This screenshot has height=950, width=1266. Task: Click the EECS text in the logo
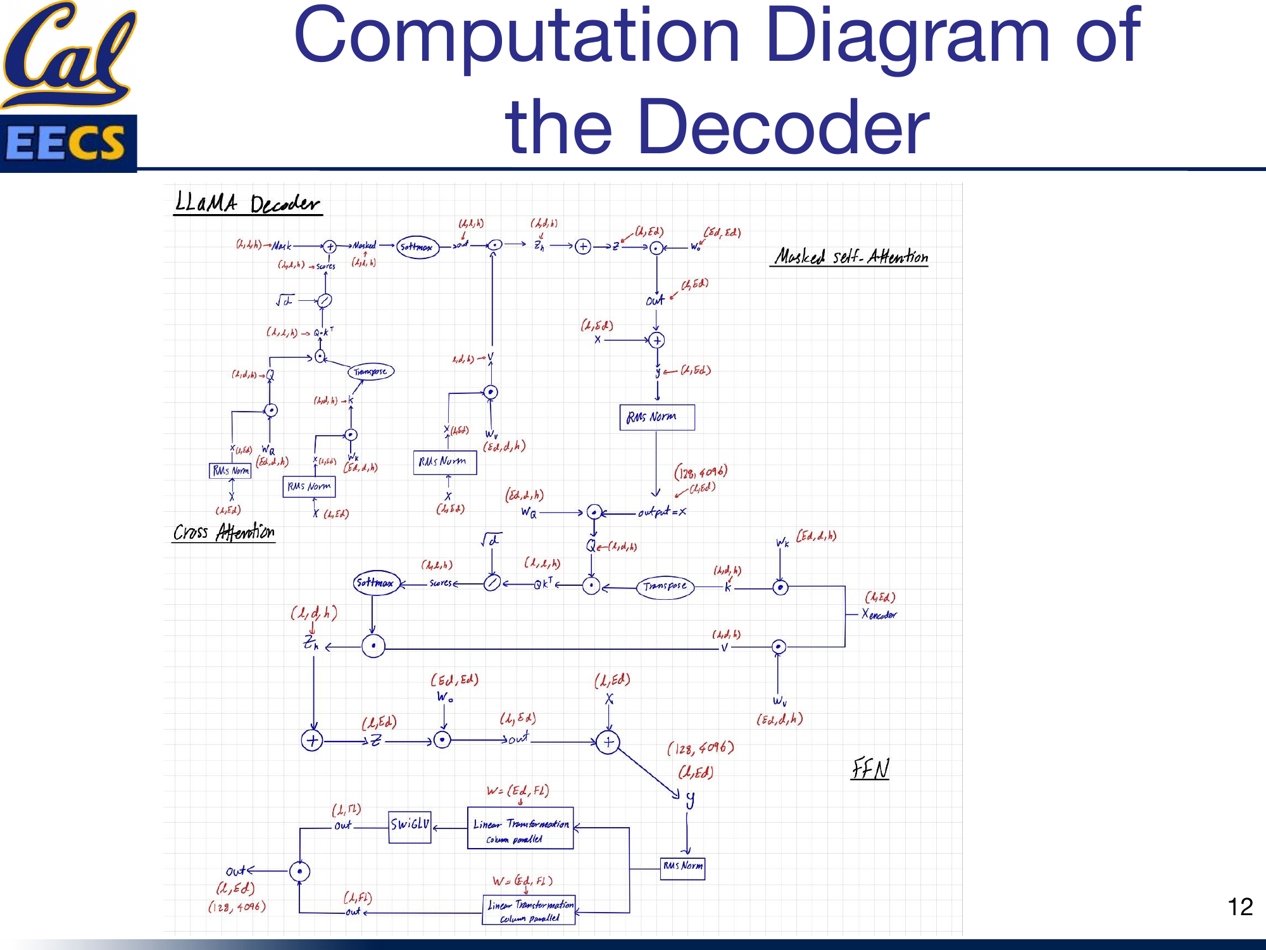pos(66,142)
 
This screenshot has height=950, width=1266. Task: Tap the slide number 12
pos(1239,907)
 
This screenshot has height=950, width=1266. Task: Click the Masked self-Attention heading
pos(850,256)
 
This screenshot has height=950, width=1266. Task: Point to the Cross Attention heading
pos(223,532)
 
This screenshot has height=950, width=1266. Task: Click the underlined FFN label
pos(870,769)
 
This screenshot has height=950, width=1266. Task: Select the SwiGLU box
pos(410,826)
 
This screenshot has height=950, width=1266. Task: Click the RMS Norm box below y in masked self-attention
pos(656,417)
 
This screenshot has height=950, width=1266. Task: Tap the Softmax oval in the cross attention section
pos(375,583)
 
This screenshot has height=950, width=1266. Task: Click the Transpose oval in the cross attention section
pos(665,586)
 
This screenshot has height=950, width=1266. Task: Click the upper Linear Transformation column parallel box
pos(520,828)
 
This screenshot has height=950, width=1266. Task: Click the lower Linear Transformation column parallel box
pos(529,910)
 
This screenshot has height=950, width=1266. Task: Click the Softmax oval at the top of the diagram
pos(417,247)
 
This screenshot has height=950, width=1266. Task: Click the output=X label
pos(661,512)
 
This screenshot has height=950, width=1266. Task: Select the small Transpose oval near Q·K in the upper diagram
pos(370,372)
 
